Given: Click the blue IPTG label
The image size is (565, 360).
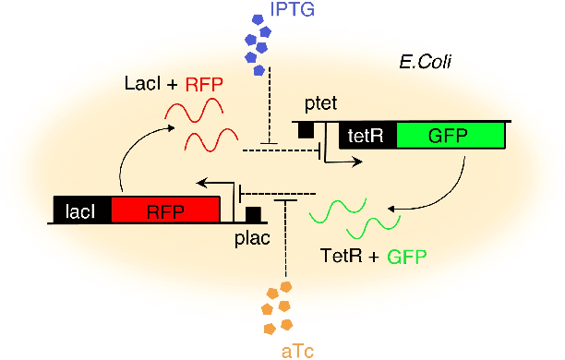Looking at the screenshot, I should point(292,11).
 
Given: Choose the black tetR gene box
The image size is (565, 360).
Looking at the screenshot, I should point(367,136).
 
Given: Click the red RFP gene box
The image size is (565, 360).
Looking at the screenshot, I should point(165,210).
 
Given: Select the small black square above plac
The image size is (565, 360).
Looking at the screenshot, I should point(252,214).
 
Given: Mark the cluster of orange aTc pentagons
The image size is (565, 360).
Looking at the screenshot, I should point(277,307).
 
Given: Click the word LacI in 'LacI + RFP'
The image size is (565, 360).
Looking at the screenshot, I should point(142,85).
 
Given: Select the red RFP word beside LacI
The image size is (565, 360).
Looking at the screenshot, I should point(203,85).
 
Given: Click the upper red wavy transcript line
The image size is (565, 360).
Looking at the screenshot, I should point(198,114).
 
